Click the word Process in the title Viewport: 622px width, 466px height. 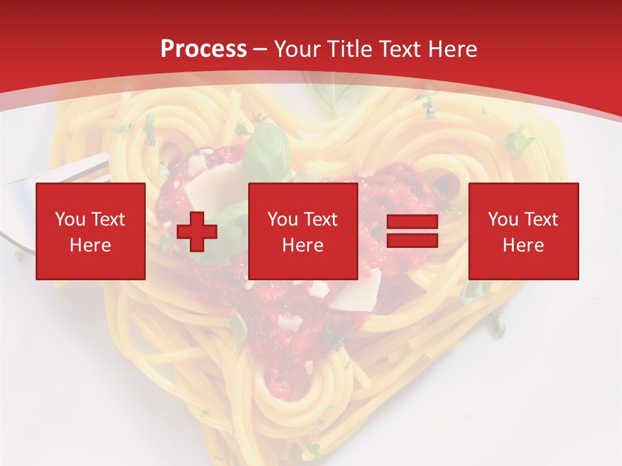[203, 49]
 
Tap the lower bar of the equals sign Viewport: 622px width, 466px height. [412, 241]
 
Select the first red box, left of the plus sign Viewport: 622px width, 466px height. [91, 231]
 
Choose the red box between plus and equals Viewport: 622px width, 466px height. [303, 231]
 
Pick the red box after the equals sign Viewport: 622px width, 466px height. [524, 231]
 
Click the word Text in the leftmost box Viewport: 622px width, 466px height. [108, 219]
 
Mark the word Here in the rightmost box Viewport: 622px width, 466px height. [524, 245]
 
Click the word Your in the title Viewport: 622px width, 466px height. [296, 49]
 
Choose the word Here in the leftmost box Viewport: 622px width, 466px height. [91, 245]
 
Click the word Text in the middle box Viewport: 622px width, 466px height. [320, 219]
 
